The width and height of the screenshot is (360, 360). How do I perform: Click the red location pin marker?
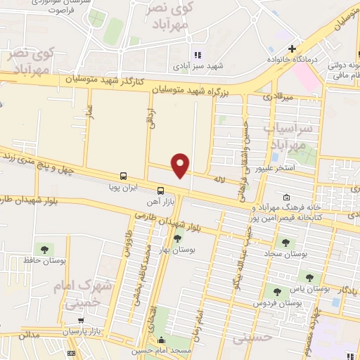(181, 165)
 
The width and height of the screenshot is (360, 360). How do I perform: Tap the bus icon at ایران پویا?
(124, 176)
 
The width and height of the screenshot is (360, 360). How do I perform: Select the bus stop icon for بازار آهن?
(161, 191)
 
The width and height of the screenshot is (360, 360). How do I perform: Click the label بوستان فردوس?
(299, 302)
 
